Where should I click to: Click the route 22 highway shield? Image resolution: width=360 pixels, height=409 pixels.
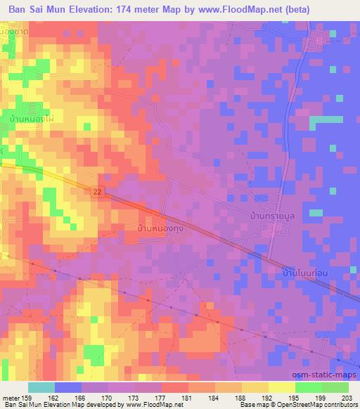(102, 190)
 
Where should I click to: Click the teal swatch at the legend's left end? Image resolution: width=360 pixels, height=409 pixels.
(41, 387)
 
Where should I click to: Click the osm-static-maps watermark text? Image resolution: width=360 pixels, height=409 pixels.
(324, 374)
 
